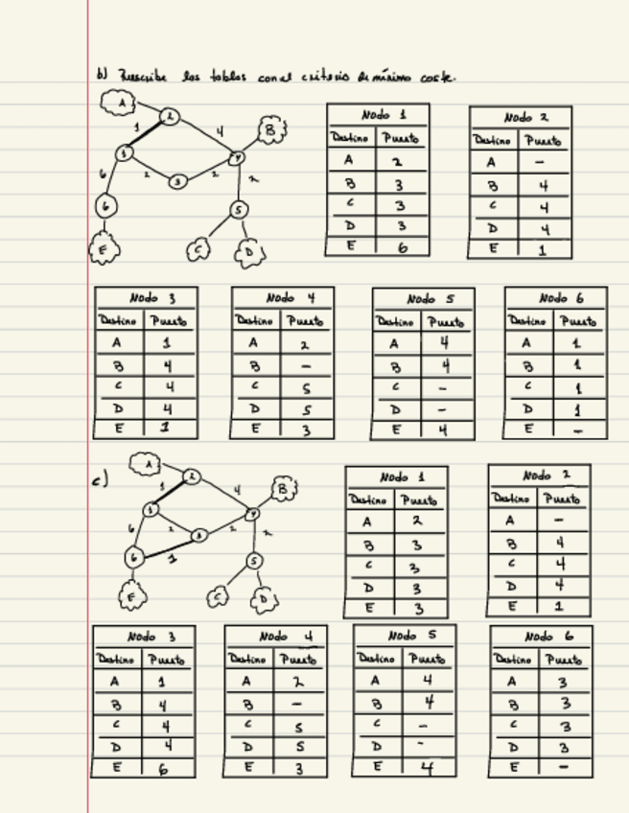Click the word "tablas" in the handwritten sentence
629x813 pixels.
[x=227, y=77]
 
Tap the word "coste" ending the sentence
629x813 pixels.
[x=433, y=77]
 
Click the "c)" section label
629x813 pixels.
[x=101, y=480]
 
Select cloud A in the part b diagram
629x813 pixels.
[x=120, y=102]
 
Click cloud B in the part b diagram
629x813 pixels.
[x=271, y=129]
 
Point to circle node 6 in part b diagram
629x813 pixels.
[x=106, y=206]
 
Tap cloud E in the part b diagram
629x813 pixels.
[x=103, y=250]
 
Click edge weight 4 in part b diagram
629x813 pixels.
[x=220, y=131]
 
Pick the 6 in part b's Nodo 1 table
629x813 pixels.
[x=402, y=246]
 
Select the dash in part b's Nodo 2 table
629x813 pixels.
[x=544, y=163]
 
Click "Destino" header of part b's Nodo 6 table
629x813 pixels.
[x=528, y=321]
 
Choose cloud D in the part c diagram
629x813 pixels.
[x=264, y=600]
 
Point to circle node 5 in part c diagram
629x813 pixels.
[x=253, y=561]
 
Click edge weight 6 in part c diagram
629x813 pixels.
[x=130, y=528]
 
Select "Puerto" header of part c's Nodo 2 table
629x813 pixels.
[x=564, y=499]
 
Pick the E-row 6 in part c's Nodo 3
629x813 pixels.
[x=162, y=768]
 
